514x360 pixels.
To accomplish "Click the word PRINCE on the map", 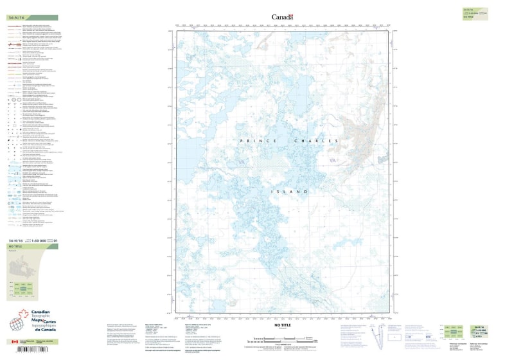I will click(x=254, y=140).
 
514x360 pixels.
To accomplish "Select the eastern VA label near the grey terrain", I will click(x=333, y=161).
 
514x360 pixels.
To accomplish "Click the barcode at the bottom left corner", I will click(x=26, y=350).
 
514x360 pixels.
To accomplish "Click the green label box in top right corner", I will click(x=472, y=13).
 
